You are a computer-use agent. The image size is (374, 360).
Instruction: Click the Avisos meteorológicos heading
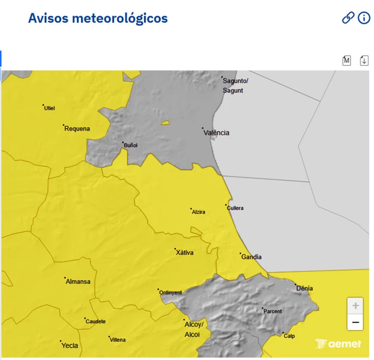98,18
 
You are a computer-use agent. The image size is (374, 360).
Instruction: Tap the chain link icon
348,18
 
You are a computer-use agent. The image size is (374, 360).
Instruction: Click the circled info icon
364,18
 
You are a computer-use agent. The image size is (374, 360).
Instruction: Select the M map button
347,60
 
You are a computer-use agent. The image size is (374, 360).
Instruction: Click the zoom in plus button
355,306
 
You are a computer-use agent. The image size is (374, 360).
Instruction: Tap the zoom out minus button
355,322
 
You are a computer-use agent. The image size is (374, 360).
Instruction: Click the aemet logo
338,344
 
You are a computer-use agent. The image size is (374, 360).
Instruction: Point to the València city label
216,133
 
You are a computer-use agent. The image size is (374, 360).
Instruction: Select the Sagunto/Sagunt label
235,86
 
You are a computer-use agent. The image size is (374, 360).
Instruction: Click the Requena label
77,129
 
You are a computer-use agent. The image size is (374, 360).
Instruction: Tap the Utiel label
49,108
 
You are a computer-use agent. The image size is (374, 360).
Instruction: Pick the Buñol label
131,145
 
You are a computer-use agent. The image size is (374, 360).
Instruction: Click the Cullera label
235,208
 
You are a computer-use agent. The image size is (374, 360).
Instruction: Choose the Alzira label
199,212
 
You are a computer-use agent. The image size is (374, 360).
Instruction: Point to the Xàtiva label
185,253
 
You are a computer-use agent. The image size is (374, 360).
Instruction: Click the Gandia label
252,257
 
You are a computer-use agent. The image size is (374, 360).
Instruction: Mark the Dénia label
304,288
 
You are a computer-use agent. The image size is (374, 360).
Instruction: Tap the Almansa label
78,281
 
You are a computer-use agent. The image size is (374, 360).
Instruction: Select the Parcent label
273,311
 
